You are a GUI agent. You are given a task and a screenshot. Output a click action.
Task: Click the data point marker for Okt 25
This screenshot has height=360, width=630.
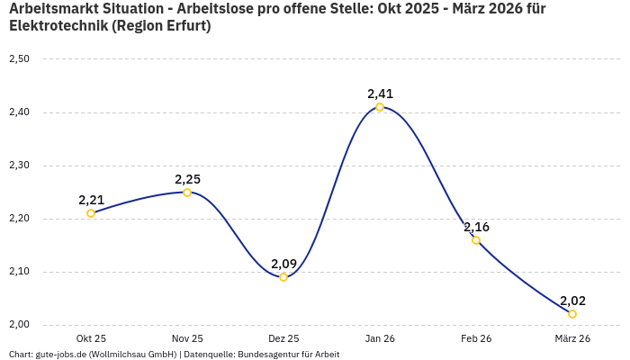coord(91,213)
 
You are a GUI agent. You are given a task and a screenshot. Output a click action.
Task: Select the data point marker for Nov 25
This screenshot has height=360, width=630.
coord(187,193)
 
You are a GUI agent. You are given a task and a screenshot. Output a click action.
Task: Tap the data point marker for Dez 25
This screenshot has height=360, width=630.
coord(283,277)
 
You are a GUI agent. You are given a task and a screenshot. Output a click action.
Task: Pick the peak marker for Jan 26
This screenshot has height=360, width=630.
coord(380,107)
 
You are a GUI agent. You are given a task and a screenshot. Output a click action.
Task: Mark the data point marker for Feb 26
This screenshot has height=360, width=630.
coord(476,240)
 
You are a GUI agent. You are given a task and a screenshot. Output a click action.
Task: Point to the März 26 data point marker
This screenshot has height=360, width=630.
coord(572,314)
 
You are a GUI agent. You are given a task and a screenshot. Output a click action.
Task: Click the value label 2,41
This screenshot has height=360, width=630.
coord(380,94)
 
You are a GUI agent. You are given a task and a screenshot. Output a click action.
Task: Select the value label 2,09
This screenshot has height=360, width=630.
coord(283,264)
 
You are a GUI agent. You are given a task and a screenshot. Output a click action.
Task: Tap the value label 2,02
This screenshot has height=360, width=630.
coord(572,301)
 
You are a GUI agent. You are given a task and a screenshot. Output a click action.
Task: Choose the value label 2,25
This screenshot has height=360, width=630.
coord(187,179)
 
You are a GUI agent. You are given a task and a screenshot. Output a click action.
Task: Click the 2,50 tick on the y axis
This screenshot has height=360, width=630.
coord(19,59)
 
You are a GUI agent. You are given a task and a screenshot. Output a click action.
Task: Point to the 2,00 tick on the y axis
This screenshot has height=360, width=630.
coord(19,325)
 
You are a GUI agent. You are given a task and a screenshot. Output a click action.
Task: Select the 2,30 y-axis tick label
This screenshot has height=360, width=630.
coord(19,166)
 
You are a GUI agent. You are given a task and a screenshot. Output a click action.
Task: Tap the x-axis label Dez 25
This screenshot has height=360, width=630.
coord(283,338)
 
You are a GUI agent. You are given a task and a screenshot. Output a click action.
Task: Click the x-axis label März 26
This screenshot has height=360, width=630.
coord(572,338)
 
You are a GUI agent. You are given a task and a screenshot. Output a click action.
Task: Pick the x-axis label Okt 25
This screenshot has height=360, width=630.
coord(91,338)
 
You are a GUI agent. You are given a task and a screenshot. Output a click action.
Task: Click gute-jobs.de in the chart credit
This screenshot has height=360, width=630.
coord(58,355)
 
